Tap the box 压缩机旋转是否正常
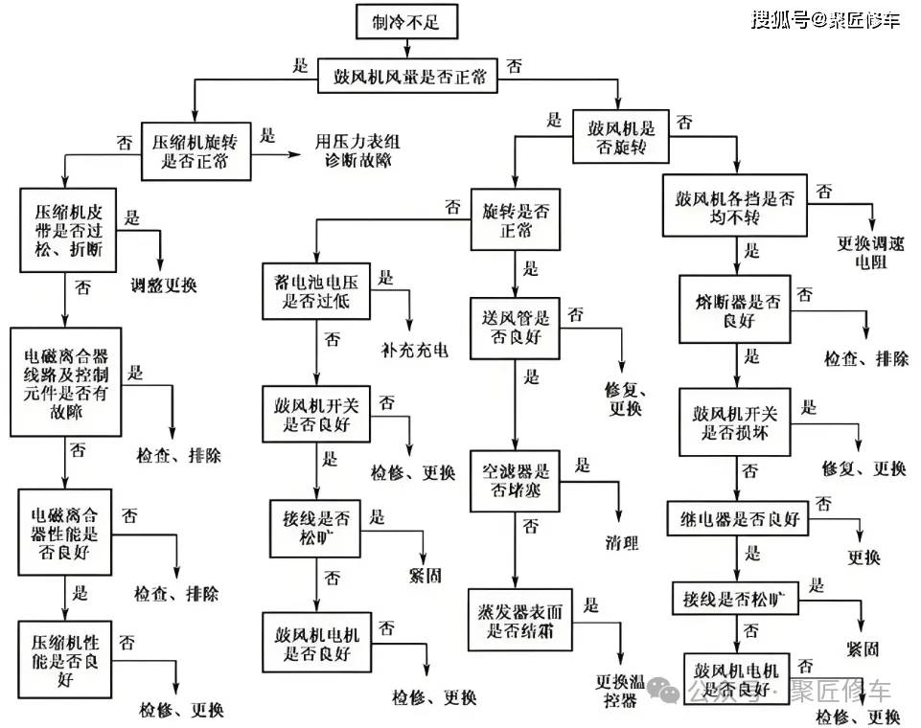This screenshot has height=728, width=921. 196,151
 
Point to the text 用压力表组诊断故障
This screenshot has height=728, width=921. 351,150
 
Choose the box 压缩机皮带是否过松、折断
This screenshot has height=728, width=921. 67,229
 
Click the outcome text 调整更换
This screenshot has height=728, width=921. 164,284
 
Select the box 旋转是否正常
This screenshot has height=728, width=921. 516,220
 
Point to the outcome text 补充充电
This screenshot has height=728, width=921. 414,349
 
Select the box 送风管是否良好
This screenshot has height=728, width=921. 516,327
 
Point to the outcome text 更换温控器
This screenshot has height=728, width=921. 616,692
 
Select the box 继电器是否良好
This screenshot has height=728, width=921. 738,519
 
